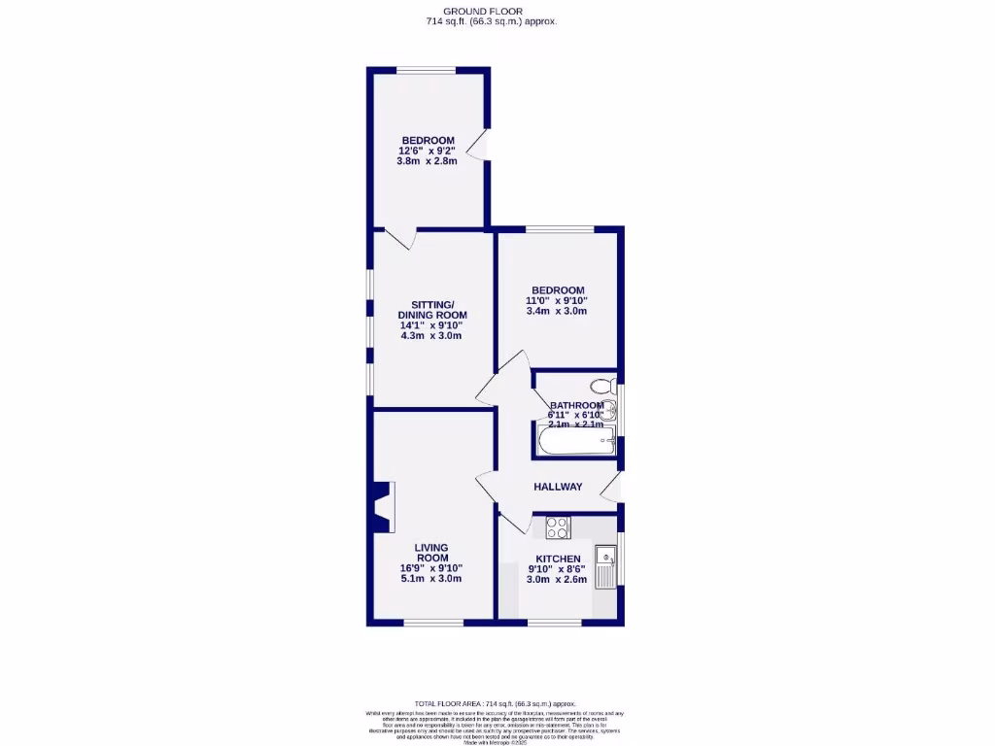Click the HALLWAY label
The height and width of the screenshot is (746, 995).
click(558, 487)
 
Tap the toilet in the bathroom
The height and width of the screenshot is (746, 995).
click(602, 385)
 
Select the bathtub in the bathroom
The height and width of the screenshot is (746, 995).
click(574, 445)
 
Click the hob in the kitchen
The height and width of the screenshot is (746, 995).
click(558, 527)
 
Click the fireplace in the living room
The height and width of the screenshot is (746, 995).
click(381, 506)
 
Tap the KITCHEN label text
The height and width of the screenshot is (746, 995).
click(558, 559)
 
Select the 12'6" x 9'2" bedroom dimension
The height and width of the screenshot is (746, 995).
click(428, 151)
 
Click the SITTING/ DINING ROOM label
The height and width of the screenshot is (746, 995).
click(431, 309)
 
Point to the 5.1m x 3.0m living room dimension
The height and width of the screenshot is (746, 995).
click(430, 579)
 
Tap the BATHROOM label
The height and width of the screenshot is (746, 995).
click(576, 405)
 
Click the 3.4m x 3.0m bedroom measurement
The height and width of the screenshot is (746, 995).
click(558, 312)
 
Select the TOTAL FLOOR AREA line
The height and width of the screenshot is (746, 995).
click(496, 703)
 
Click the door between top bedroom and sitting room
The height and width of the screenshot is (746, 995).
click(400, 237)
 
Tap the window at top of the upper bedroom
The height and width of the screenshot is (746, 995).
click(426, 69)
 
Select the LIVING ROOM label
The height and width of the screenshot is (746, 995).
click(431, 553)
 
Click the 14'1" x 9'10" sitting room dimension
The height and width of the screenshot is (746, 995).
click(431, 325)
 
